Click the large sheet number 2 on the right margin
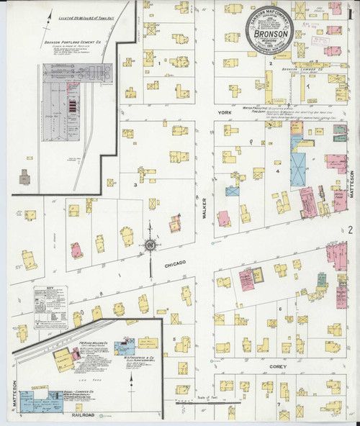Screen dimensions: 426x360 (x=350, y=231)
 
